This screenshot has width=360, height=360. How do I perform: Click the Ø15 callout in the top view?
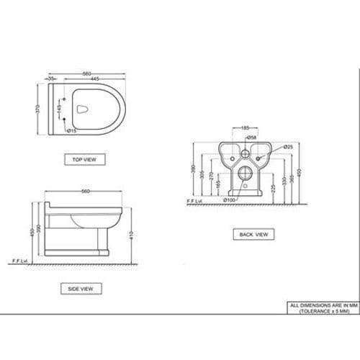(x=73, y=131)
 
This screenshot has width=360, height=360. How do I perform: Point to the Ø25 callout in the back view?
(x=287, y=147)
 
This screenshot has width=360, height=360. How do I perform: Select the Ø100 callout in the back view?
(x=230, y=199)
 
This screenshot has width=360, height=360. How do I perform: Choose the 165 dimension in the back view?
(x=219, y=186)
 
